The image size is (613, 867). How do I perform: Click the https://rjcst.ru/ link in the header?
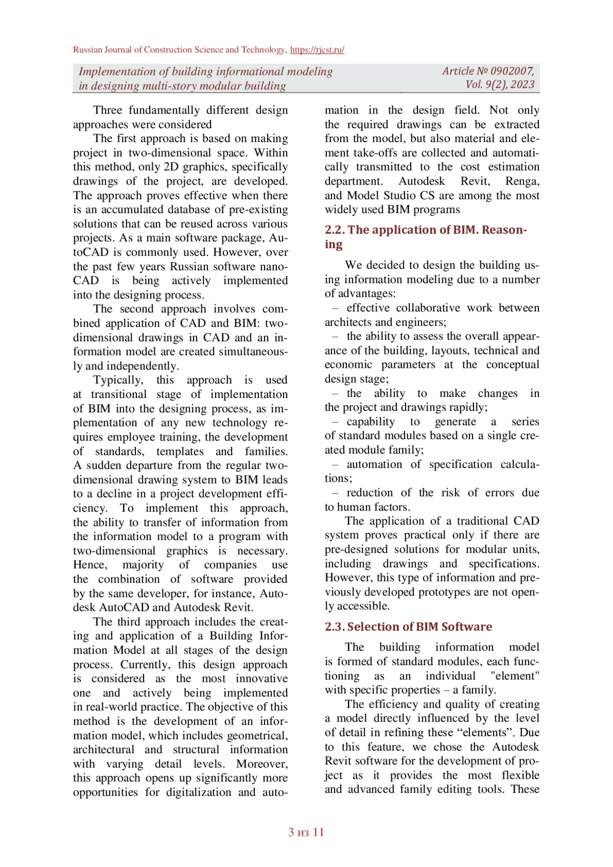coord(317,50)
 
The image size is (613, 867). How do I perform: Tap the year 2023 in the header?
coord(522,85)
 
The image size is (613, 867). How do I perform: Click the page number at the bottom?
coord(306,832)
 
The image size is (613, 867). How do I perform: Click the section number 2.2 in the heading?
coord(334,230)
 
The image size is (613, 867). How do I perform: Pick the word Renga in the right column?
coord(522,181)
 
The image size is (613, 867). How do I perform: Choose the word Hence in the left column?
coord(90,565)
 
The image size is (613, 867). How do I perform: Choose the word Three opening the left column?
coord(108,110)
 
